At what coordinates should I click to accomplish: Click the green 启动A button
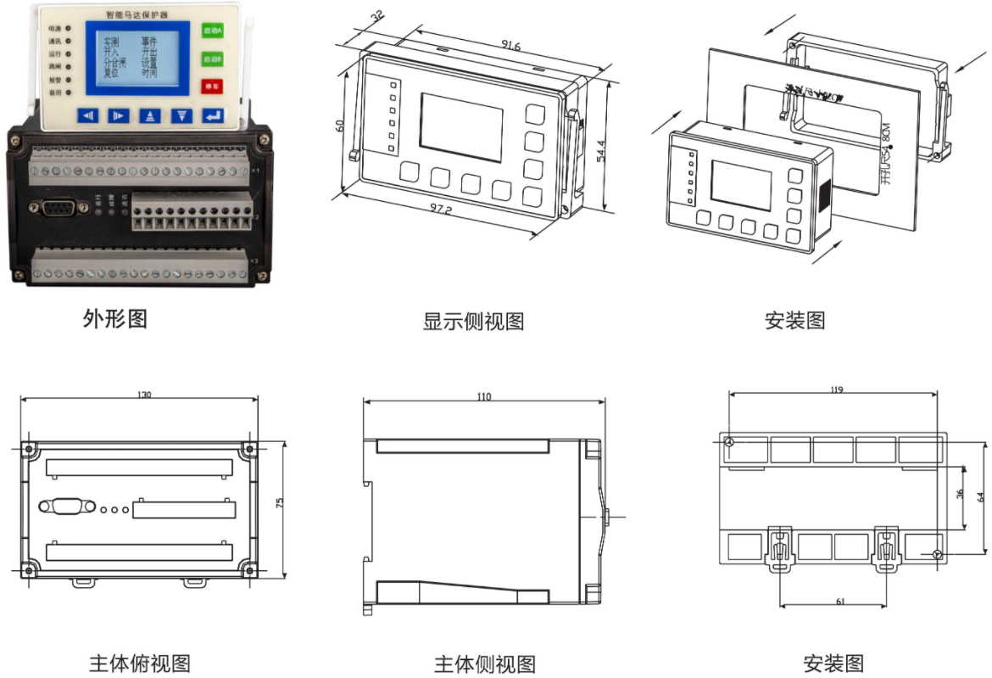tap(211, 31)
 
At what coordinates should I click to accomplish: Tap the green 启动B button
tap(211, 59)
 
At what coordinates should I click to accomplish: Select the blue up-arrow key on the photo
tap(149, 115)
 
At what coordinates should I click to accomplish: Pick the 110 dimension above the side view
tap(484, 396)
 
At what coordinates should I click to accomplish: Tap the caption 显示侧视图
tap(473, 322)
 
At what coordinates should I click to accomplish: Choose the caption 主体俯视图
tap(139, 663)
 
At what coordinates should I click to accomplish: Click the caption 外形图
tap(115, 318)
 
